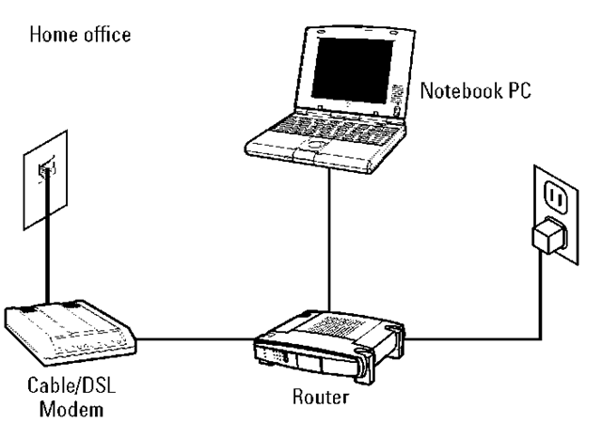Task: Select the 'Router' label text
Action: tap(318, 398)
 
